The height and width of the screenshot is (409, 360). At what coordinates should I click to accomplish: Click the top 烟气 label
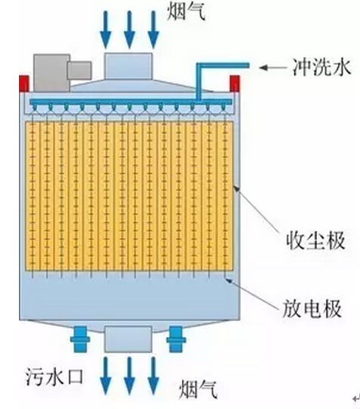186,11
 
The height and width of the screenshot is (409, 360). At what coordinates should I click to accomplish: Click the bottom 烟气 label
198,389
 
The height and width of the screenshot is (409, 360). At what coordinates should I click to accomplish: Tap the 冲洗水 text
322,67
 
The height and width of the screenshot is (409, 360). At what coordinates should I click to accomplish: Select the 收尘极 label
316,241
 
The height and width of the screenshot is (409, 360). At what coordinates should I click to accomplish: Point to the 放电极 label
312,309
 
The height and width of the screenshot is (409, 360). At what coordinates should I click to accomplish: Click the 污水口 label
54,376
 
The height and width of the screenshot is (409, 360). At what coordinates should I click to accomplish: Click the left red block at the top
24,83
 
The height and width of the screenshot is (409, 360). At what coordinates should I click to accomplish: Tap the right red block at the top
234,83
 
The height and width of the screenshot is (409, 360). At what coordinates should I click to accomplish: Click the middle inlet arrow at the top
130,30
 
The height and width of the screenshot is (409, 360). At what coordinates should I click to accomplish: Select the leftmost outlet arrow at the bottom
105,376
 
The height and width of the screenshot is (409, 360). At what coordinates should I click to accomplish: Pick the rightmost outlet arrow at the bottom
153,376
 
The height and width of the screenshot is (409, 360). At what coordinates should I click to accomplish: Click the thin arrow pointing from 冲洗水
273,68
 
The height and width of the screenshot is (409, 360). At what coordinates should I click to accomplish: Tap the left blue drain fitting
80,339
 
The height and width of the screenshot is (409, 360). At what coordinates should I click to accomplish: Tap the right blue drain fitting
176,339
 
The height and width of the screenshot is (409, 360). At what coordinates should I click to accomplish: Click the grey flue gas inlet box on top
128,66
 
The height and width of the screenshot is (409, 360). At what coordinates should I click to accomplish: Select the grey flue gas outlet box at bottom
128,339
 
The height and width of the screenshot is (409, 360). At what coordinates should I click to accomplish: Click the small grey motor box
79,70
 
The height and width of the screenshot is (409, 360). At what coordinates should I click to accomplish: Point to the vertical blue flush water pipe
199,83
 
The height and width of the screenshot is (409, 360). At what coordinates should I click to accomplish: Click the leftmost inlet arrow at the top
105,30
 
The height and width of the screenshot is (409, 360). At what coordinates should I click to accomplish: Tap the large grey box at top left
52,73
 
